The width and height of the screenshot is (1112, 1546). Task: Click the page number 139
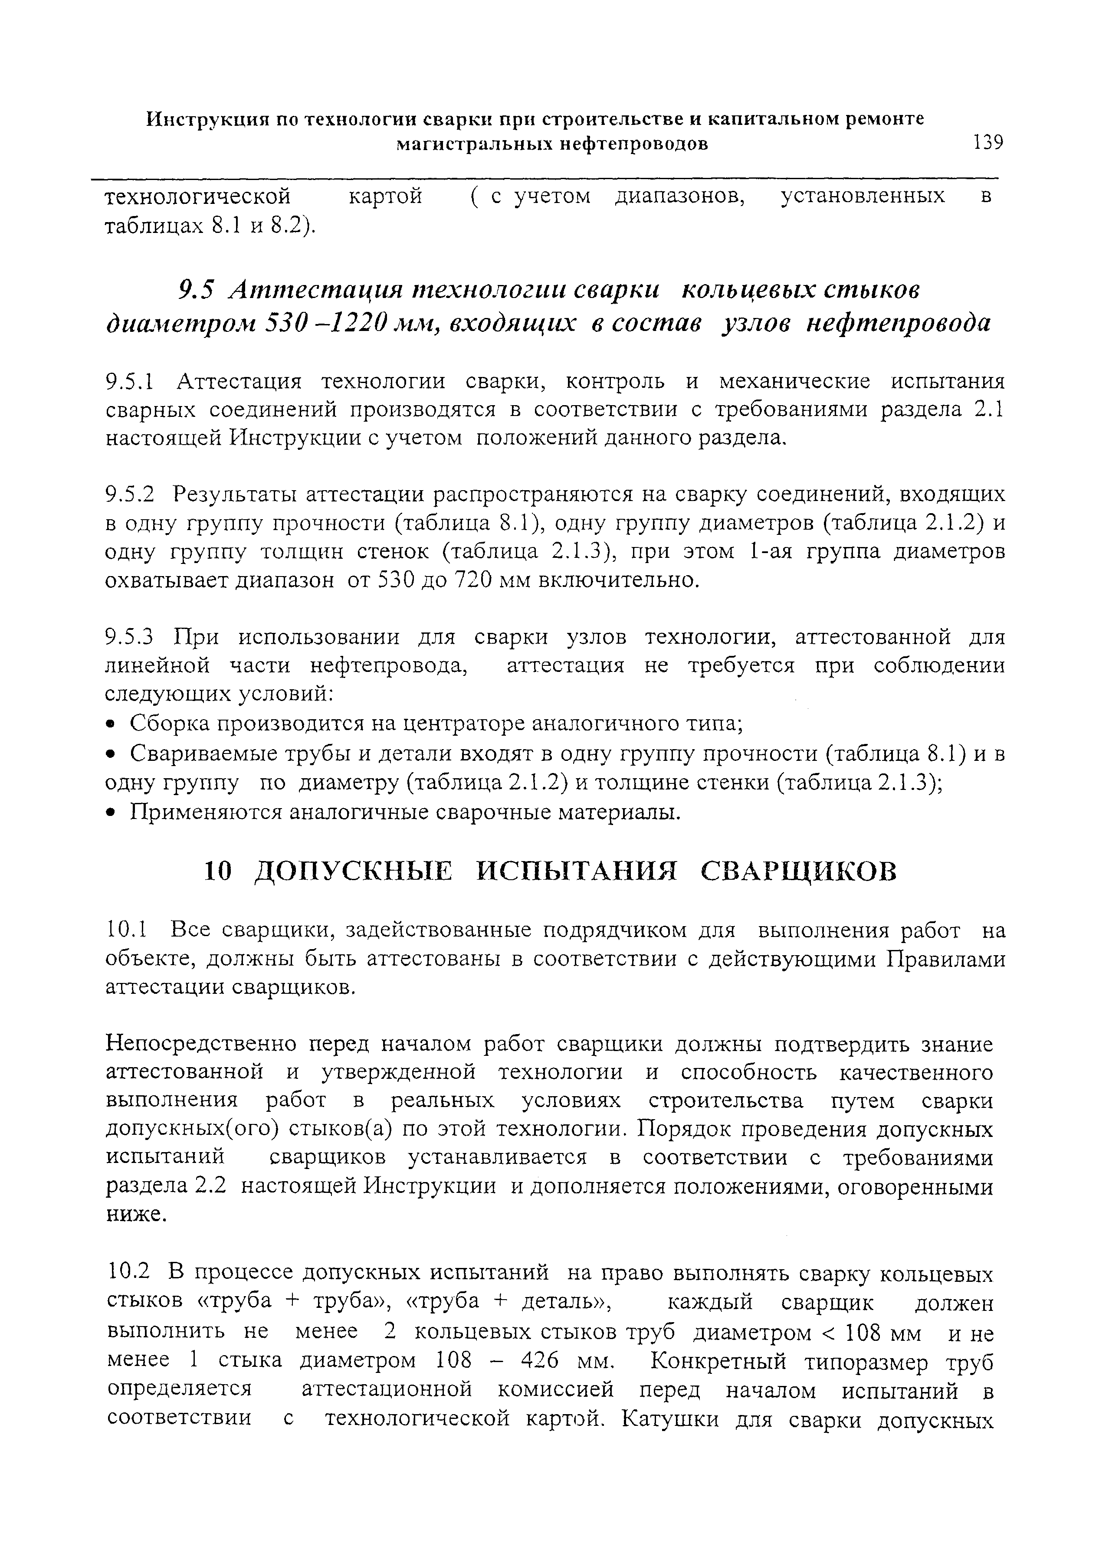pyautogui.click(x=988, y=143)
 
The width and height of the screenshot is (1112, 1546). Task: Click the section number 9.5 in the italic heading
pyautogui.click(x=195, y=291)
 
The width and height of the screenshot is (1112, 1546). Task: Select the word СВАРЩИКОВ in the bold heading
pyautogui.click(x=799, y=872)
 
